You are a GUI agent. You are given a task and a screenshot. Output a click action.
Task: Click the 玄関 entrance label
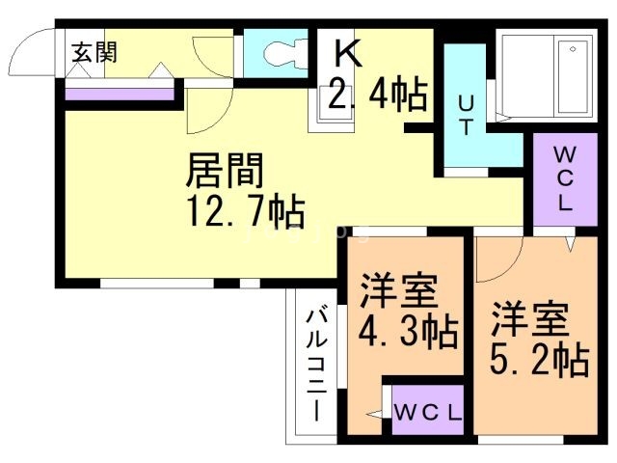click(x=94, y=53)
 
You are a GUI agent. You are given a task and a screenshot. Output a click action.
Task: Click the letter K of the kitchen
click(x=348, y=54)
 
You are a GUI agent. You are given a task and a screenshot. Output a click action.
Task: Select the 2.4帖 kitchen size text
click(x=377, y=95)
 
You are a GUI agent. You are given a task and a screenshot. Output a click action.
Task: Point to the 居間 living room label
click(x=225, y=170)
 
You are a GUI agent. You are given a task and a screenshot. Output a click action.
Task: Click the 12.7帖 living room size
click(x=247, y=210)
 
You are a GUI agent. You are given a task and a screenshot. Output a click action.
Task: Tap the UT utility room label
click(x=466, y=116)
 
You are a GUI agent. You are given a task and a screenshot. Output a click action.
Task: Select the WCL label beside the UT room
click(x=565, y=179)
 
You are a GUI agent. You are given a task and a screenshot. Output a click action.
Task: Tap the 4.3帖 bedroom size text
click(x=408, y=332)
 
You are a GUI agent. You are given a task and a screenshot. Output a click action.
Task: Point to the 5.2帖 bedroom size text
click(x=540, y=360)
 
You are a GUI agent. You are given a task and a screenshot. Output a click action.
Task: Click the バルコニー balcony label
click(x=317, y=366)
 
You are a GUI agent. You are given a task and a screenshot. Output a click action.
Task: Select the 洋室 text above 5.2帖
click(x=530, y=319)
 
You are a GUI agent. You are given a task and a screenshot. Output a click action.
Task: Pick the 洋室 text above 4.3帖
click(x=398, y=290)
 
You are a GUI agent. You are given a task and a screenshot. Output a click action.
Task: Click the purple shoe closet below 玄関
click(x=120, y=95)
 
